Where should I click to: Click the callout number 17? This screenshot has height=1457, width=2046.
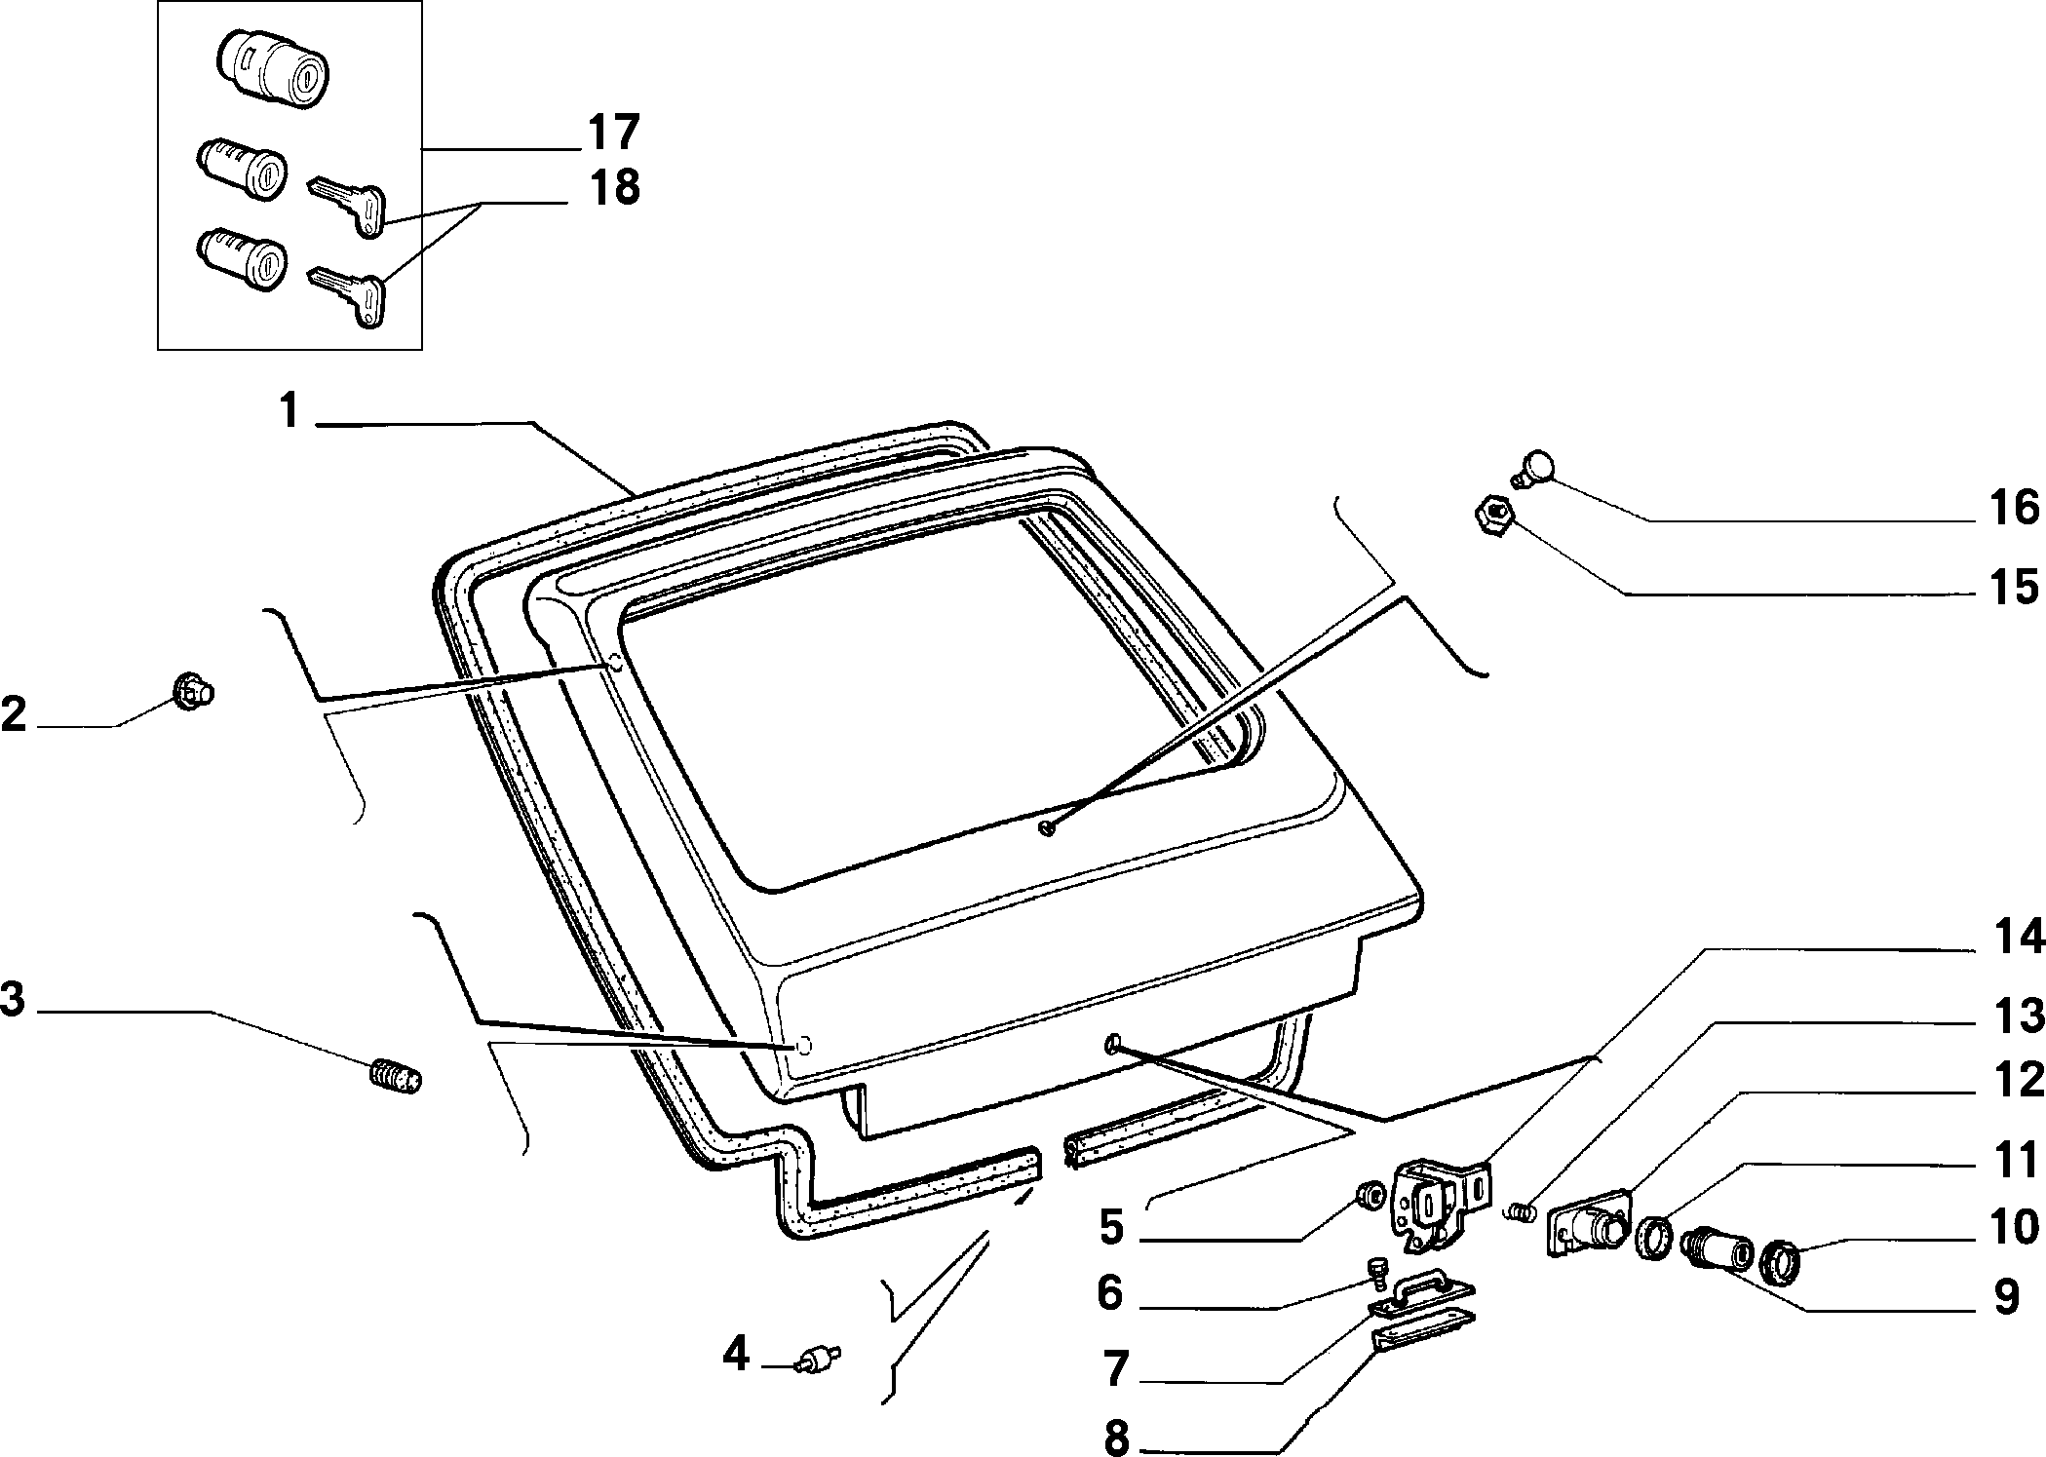613,133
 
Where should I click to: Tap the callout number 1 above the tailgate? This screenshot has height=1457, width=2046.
289,411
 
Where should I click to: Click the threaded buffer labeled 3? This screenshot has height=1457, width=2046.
397,1076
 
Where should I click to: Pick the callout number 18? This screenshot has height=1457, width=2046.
613,186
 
